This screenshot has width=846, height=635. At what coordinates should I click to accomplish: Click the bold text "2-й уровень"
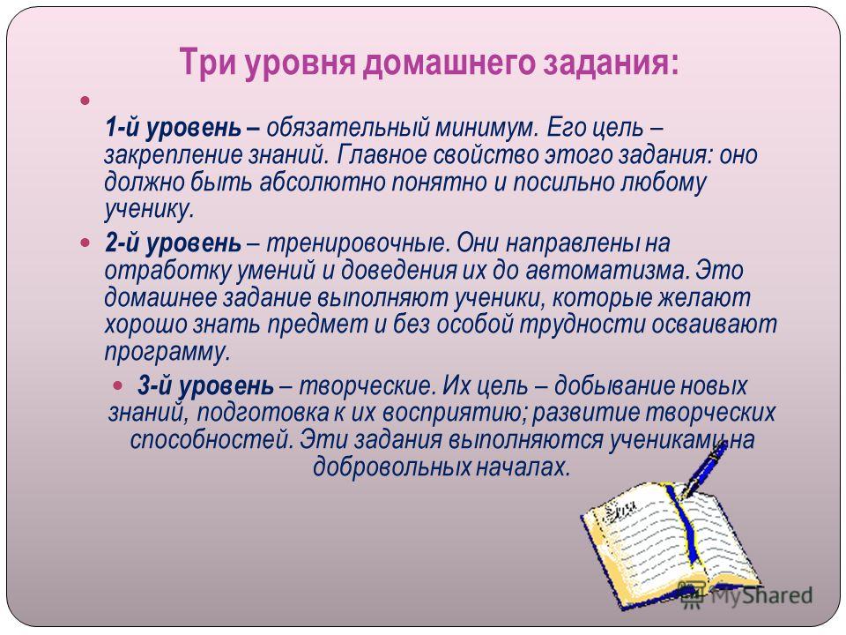pos(174,243)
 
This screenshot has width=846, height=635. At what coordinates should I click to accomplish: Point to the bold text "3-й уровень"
pos(205,385)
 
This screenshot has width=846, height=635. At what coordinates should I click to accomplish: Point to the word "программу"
pos(167,353)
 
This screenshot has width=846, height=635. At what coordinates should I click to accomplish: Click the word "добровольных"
pos(392,467)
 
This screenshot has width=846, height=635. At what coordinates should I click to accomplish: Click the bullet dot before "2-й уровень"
pos(85,243)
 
